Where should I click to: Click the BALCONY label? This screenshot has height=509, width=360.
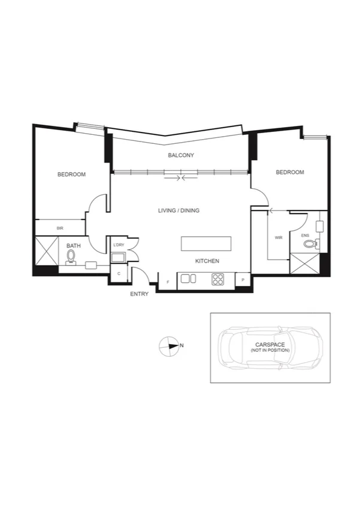[x=180, y=155]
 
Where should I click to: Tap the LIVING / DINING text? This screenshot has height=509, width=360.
[x=179, y=210]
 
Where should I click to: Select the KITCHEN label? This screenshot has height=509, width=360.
[x=207, y=261]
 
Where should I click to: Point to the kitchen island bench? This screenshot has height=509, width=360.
[x=206, y=244]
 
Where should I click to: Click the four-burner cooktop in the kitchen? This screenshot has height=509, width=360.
[x=217, y=279]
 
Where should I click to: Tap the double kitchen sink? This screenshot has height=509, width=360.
[x=189, y=278]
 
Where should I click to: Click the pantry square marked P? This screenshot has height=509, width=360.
[x=243, y=279]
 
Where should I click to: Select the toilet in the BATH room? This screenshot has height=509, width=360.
[x=71, y=257]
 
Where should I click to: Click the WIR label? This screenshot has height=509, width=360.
[x=278, y=237]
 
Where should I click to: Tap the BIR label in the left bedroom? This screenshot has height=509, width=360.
[x=60, y=228]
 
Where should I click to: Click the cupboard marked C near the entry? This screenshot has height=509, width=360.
[x=119, y=273]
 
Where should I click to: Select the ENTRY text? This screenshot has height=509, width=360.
[x=139, y=294]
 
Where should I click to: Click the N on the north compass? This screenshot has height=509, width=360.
[x=181, y=345]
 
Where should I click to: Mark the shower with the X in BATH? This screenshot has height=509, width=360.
[x=46, y=251]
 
